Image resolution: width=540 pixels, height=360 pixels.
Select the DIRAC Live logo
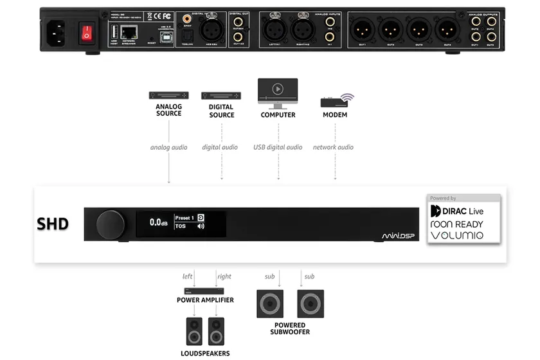pos(456,211)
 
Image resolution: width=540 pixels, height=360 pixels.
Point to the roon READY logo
pos(456,224)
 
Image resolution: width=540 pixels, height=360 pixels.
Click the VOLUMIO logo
pos(456,235)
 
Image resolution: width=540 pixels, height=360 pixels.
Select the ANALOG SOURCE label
pos(169,110)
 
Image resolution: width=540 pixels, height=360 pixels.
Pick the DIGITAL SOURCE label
pos(221,111)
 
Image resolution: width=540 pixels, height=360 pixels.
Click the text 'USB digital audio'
pos(278,147)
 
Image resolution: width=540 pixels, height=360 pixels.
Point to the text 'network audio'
pos(333,147)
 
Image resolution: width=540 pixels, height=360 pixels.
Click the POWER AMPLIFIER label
pos(205,300)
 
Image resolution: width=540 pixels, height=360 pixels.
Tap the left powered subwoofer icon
pos(270,303)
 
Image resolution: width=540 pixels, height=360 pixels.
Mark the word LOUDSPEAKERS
pos(205,354)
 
